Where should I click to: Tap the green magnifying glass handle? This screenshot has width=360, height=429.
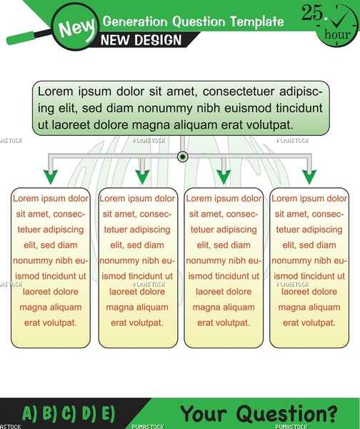tap(21, 38)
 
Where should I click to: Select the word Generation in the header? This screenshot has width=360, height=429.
tap(135, 21)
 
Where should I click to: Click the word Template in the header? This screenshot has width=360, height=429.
tap(256, 21)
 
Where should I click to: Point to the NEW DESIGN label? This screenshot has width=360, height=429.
tap(141, 40)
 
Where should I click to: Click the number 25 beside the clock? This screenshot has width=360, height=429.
tap(312, 13)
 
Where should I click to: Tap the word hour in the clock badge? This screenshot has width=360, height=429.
tap(337, 34)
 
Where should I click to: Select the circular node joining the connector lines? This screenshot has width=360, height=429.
tap(183, 157)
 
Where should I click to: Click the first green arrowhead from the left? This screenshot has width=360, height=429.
tap(51, 177)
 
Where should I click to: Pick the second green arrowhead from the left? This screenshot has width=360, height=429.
tap(142, 177)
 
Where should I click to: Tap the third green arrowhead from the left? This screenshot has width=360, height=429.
tap(224, 177)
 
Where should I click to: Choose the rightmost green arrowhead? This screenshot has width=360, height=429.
tap(309, 177)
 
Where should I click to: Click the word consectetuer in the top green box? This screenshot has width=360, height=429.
tap(238, 92)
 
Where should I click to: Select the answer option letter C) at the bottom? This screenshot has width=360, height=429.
tap(69, 413)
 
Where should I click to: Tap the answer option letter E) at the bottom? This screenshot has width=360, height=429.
tap(108, 413)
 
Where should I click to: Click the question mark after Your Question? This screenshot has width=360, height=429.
tap(332, 414)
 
